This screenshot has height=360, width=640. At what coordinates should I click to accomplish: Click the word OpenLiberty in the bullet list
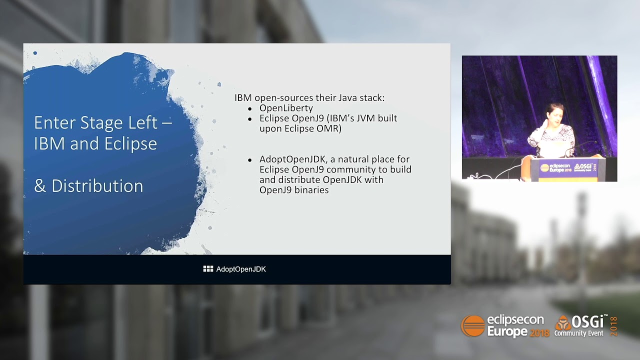[286, 108]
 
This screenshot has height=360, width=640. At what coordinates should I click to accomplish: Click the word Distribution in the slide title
[97, 186]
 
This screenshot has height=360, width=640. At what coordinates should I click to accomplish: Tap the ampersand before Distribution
[40, 186]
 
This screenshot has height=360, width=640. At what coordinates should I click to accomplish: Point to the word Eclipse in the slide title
[130, 144]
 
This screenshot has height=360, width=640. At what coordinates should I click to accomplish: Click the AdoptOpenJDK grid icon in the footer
[208, 269]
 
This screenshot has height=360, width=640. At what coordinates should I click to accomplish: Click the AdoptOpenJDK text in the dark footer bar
[241, 269]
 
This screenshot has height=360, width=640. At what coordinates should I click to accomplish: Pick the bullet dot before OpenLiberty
[250, 108]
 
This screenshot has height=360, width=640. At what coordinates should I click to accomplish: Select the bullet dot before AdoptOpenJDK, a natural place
[250, 160]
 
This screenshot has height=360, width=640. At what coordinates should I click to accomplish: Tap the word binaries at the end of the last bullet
[311, 190]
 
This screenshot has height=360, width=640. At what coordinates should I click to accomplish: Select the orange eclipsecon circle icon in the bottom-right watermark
[472, 326]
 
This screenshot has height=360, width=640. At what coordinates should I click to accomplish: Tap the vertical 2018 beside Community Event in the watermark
[613, 326]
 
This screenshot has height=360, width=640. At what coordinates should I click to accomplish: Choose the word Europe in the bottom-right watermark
[507, 332]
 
